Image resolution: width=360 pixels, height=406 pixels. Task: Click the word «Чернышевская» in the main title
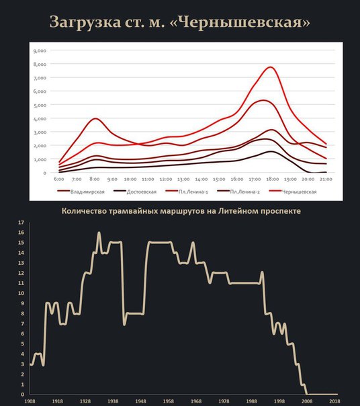240,22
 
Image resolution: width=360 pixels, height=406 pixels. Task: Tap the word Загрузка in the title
85,23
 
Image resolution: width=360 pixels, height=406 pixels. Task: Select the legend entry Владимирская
81,192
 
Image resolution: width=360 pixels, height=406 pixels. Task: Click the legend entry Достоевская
135,192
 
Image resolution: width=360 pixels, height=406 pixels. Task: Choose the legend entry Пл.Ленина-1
187,192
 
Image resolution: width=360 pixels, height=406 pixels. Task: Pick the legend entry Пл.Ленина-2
238,192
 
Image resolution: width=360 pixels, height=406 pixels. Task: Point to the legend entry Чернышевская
293,192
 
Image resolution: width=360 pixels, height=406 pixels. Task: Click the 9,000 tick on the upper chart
40,51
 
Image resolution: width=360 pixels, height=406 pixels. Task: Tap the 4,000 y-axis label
40,119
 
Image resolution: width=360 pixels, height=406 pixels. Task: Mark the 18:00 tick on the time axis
273,179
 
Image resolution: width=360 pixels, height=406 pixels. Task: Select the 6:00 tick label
58,179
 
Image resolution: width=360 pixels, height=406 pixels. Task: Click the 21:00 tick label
326,179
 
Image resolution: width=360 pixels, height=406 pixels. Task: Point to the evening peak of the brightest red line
271,67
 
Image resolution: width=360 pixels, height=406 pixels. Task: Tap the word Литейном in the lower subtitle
238,211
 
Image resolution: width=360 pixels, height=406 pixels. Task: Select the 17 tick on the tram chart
21,222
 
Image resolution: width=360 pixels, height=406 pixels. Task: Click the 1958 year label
168,401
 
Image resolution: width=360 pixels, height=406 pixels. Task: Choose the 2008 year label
307,401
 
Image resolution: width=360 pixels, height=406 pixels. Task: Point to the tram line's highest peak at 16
99,233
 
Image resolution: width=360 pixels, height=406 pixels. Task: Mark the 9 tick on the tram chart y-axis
23,303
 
